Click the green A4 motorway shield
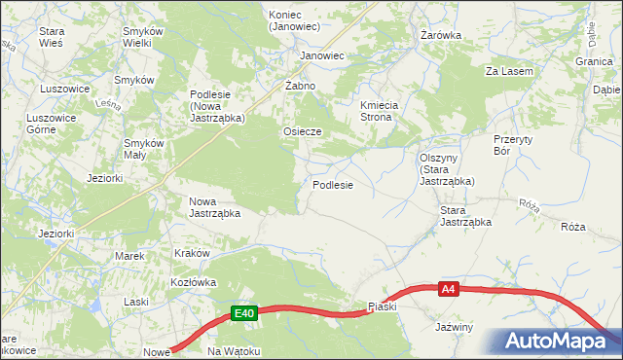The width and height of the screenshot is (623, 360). coord(448,289)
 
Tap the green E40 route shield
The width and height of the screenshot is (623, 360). coord(244,313)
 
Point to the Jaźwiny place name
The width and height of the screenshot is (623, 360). coord(455,327)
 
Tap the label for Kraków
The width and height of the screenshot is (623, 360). coord(192,253)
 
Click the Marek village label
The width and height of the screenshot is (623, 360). coord(129,256)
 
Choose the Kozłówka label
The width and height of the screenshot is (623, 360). coord(193,281)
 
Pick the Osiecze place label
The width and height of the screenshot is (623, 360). coord(302,130)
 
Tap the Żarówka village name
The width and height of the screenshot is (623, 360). coord(441,35)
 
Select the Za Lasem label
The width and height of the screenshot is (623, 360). coord(511,71)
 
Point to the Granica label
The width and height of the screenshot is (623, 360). coord(593,60)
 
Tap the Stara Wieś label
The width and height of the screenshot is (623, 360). coord(52,38)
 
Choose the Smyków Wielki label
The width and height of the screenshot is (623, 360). coord(142,38)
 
